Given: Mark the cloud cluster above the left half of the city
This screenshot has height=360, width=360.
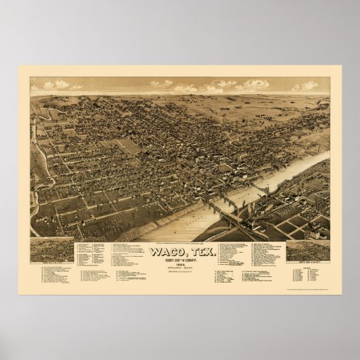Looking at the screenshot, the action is pyautogui.click(x=163, y=84).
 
